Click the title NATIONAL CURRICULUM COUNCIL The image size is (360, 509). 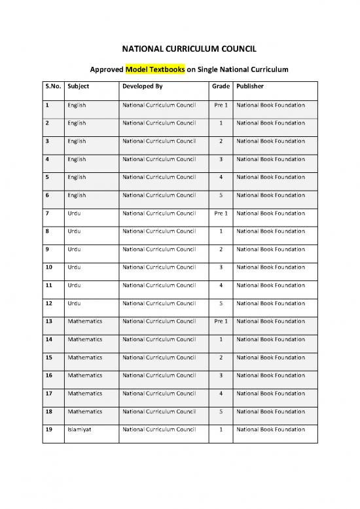tap(180, 48)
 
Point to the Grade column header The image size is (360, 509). tap(221, 86)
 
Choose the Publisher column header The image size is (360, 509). tap(251, 86)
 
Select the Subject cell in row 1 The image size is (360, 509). tap(77, 105)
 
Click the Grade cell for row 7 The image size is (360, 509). tap(221, 213)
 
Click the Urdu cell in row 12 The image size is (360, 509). tap(74, 303)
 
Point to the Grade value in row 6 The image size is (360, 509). tap(221, 195)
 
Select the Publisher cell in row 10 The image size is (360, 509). tap(270, 267)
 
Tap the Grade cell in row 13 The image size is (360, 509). tap(221, 321)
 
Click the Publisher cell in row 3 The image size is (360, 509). tap(270, 141)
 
